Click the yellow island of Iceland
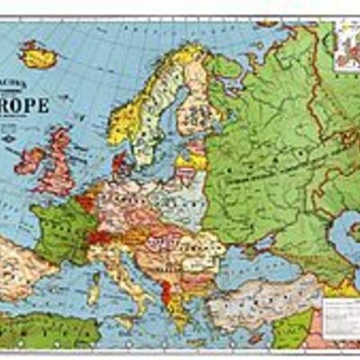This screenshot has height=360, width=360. click(39, 56)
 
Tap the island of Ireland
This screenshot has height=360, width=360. click(29, 160)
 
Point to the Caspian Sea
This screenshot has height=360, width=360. click(346, 238)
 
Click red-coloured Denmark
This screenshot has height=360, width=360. click(120, 165)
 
